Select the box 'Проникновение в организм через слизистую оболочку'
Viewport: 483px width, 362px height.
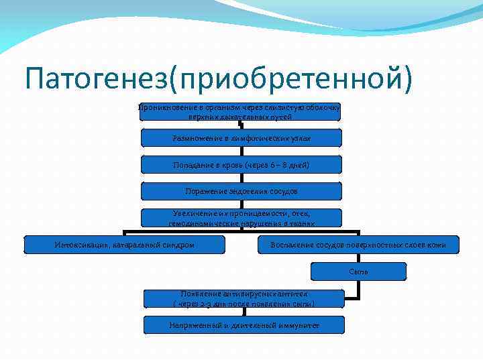(x=240, y=111)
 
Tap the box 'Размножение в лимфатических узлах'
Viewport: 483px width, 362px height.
(x=241, y=137)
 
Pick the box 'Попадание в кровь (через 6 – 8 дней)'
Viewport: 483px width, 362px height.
(x=241, y=164)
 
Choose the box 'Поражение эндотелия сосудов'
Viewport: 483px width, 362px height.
(x=241, y=191)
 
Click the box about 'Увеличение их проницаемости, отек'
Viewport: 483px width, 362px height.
(x=241, y=218)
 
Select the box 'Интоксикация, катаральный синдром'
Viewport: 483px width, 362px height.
(x=125, y=245)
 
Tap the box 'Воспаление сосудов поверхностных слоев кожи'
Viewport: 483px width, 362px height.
(x=358, y=245)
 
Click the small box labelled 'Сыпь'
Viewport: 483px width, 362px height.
(x=358, y=271)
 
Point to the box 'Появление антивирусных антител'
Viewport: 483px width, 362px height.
(x=244, y=299)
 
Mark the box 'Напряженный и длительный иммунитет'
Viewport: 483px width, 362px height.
(x=244, y=325)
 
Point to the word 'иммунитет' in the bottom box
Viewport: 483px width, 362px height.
(x=296, y=325)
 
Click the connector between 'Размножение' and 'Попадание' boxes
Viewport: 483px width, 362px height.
(x=241, y=151)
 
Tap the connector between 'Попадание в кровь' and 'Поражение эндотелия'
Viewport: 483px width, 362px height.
(x=241, y=178)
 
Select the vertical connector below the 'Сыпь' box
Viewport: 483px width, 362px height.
(x=358, y=288)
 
